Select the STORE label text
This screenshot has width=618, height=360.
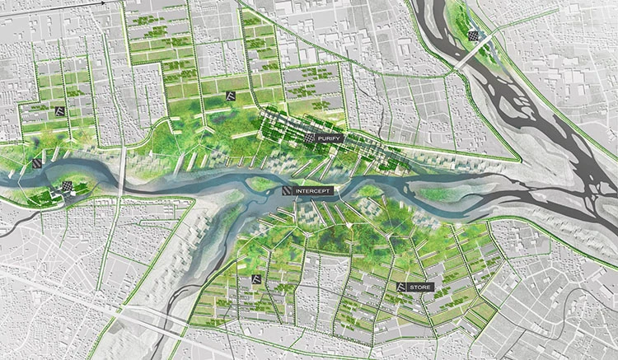point(420,287)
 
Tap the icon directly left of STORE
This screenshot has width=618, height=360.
point(401,287)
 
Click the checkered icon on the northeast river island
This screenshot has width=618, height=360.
point(474,35)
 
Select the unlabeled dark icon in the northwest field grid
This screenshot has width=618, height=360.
point(59,110)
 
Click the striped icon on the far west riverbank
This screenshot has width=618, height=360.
point(38,163)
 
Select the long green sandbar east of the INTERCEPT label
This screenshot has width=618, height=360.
point(445,196)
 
